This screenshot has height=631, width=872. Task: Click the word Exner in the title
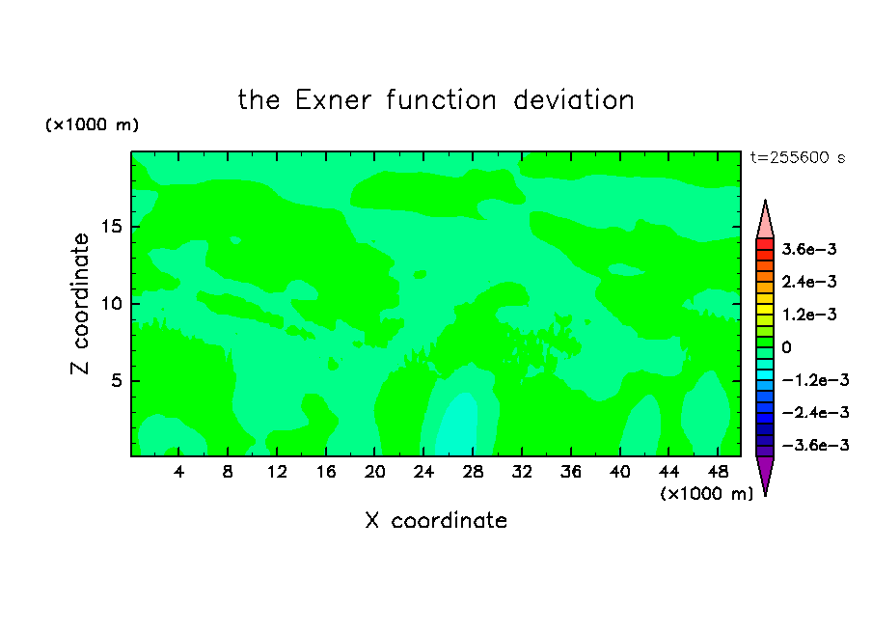pyautogui.click(x=333, y=100)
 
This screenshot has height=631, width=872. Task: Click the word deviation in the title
pyautogui.click(x=573, y=100)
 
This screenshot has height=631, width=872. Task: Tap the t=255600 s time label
pyautogui.click(x=798, y=157)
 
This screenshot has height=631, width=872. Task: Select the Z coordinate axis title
pyautogui.click(x=80, y=304)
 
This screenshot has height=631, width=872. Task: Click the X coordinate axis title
pyautogui.click(x=436, y=520)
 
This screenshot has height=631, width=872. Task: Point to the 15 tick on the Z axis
pyautogui.click(x=111, y=227)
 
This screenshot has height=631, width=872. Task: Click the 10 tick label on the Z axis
pyautogui.click(x=111, y=304)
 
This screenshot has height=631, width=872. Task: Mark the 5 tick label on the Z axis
pyautogui.click(x=116, y=380)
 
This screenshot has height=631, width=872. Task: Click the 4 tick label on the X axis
pyautogui.click(x=178, y=473)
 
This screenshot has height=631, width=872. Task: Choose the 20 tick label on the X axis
pyautogui.click(x=375, y=473)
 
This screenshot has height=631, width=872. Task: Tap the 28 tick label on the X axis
pyautogui.click(x=473, y=473)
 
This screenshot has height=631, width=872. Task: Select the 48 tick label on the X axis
pyautogui.click(x=718, y=473)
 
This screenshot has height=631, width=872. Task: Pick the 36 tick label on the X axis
pyautogui.click(x=571, y=473)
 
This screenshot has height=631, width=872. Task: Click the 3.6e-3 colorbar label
pyautogui.click(x=809, y=249)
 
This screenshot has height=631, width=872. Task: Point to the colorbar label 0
pyautogui.click(x=786, y=347)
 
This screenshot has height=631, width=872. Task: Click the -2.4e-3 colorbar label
pyautogui.click(x=815, y=412)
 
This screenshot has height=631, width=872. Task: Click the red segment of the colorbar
pyautogui.click(x=765, y=244)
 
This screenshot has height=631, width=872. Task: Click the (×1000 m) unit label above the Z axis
pyautogui.click(x=92, y=124)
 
